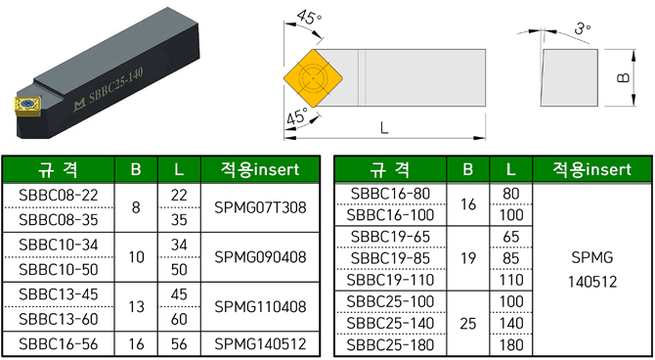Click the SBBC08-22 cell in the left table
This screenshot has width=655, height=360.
tap(59, 196)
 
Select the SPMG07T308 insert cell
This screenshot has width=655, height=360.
tap(260, 207)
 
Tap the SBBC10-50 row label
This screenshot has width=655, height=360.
tap(59, 270)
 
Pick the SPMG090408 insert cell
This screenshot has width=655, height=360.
tap(260, 257)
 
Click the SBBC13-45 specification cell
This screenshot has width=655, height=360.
tap(59, 294)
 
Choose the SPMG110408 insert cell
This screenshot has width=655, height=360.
tap(260, 307)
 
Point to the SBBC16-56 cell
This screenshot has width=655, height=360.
tap(59, 344)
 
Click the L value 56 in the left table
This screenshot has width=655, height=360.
tap(179, 344)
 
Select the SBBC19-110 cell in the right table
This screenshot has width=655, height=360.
tap(391, 280)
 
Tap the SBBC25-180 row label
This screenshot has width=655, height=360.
tap(391, 345)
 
